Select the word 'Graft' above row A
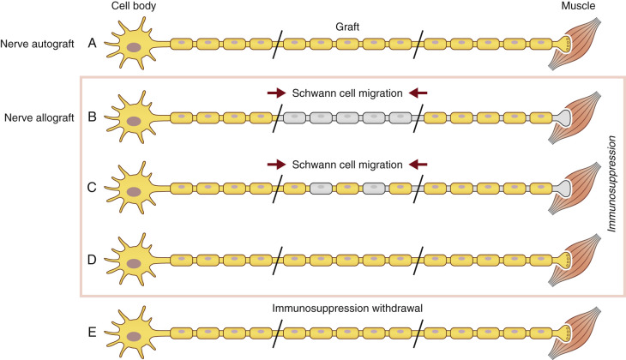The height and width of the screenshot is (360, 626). [346, 26]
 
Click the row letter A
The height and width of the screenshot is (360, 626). [93, 42]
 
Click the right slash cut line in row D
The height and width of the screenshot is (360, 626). [418, 258]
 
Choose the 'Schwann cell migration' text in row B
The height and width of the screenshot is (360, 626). [346, 93]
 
